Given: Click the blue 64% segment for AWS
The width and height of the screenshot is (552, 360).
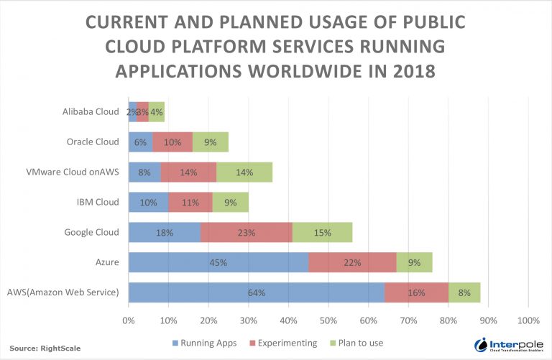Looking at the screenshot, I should click(257, 292).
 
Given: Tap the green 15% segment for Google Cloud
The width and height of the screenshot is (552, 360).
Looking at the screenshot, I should click(322, 232).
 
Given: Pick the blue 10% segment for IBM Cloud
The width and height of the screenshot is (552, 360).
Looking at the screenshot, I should click(148, 202).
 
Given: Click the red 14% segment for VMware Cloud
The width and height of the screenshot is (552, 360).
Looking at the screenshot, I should click(188, 172).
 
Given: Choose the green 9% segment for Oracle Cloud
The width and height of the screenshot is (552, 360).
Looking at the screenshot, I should click(211, 142).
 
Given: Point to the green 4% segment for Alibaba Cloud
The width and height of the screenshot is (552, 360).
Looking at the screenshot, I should click(157, 111).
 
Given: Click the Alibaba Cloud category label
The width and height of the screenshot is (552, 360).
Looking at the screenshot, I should click(91, 111).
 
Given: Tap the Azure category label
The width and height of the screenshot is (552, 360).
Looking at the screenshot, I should click(107, 262).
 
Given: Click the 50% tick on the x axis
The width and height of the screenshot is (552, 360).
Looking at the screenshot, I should click(328, 320).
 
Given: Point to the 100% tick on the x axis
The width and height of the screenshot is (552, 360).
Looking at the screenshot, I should click(528, 320).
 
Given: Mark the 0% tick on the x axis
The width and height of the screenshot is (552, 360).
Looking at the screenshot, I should click(129, 320).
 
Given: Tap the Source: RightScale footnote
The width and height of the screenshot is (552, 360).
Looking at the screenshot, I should click(45, 348).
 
